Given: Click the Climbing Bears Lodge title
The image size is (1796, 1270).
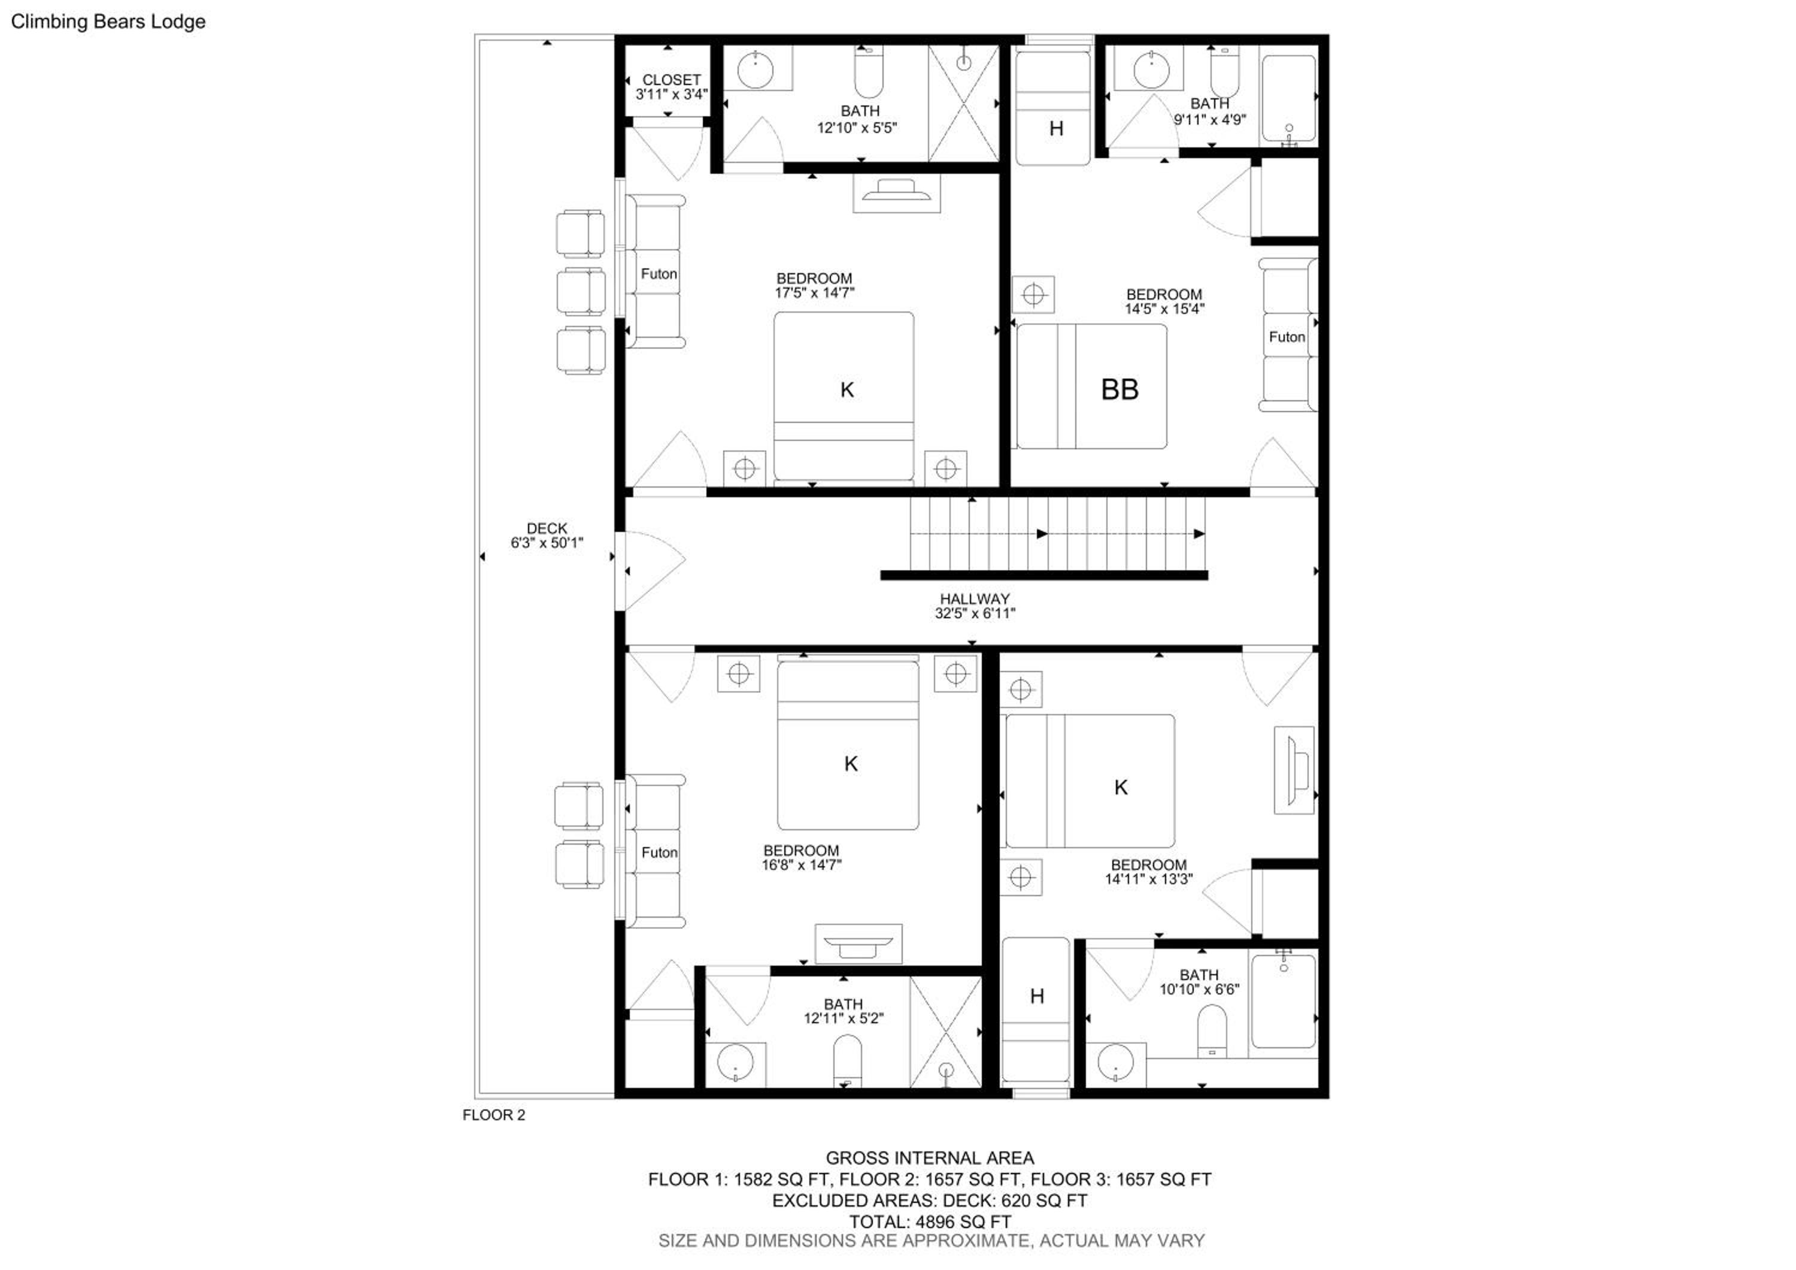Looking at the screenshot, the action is point(108,22).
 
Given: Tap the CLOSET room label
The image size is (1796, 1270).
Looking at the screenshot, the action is point(671,80).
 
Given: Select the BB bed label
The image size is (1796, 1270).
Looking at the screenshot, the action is point(1120,389).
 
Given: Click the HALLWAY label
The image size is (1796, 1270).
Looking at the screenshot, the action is point(975,598).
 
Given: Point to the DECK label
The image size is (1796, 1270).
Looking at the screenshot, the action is point(547,528).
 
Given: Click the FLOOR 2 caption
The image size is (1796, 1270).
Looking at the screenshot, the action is point(493,1115).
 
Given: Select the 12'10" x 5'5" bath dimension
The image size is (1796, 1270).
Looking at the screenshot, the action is point(857,128).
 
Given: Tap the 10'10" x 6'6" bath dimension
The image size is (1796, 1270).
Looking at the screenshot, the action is point(1199,989).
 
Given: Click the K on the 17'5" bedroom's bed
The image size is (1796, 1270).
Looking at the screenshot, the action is point(847,389).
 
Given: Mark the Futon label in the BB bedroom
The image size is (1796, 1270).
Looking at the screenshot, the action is point(1287,337).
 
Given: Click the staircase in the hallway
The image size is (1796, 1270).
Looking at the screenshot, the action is point(1056,534).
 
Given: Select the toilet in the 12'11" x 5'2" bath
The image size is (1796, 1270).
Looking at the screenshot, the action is point(847,1061).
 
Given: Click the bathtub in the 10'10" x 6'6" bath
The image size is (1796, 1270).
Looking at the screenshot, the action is point(1284,1002).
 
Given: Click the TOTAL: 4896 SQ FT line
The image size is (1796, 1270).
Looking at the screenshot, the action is point(930,1221).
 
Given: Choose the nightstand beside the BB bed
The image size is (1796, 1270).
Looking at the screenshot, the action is point(1033,295).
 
